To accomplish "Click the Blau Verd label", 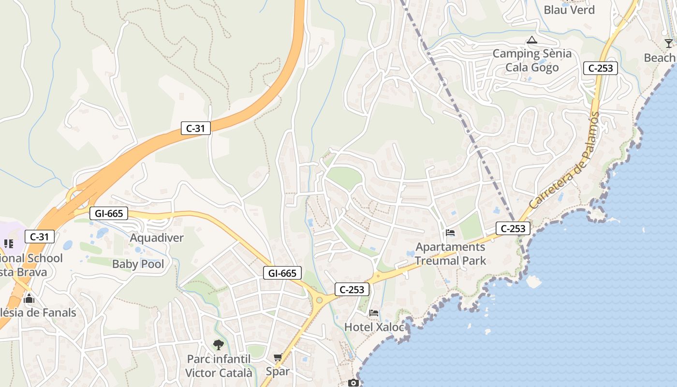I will [569, 10].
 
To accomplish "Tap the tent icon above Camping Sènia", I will [532, 40].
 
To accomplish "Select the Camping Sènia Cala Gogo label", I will [532, 60].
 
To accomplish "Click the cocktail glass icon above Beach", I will [669, 44].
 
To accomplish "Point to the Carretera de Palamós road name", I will [564, 161].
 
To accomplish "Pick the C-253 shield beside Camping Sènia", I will [601, 68].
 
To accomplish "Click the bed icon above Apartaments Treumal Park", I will [450, 233].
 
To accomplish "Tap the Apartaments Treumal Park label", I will [450, 254].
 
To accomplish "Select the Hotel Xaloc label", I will [374, 327].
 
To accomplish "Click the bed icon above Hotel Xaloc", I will [374, 313].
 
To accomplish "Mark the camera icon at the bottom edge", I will [353, 383].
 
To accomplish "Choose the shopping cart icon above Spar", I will [278, 357].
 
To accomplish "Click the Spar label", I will [278, 372].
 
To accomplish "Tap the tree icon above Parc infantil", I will [219, 345].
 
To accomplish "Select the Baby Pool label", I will [138, 264].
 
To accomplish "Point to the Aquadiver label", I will [157, 238].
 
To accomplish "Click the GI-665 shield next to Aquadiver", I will [109, 213].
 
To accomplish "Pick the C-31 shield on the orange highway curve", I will [196, 128].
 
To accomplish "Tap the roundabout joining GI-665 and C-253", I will [319, 300].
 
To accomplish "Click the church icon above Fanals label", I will [29, 298].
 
